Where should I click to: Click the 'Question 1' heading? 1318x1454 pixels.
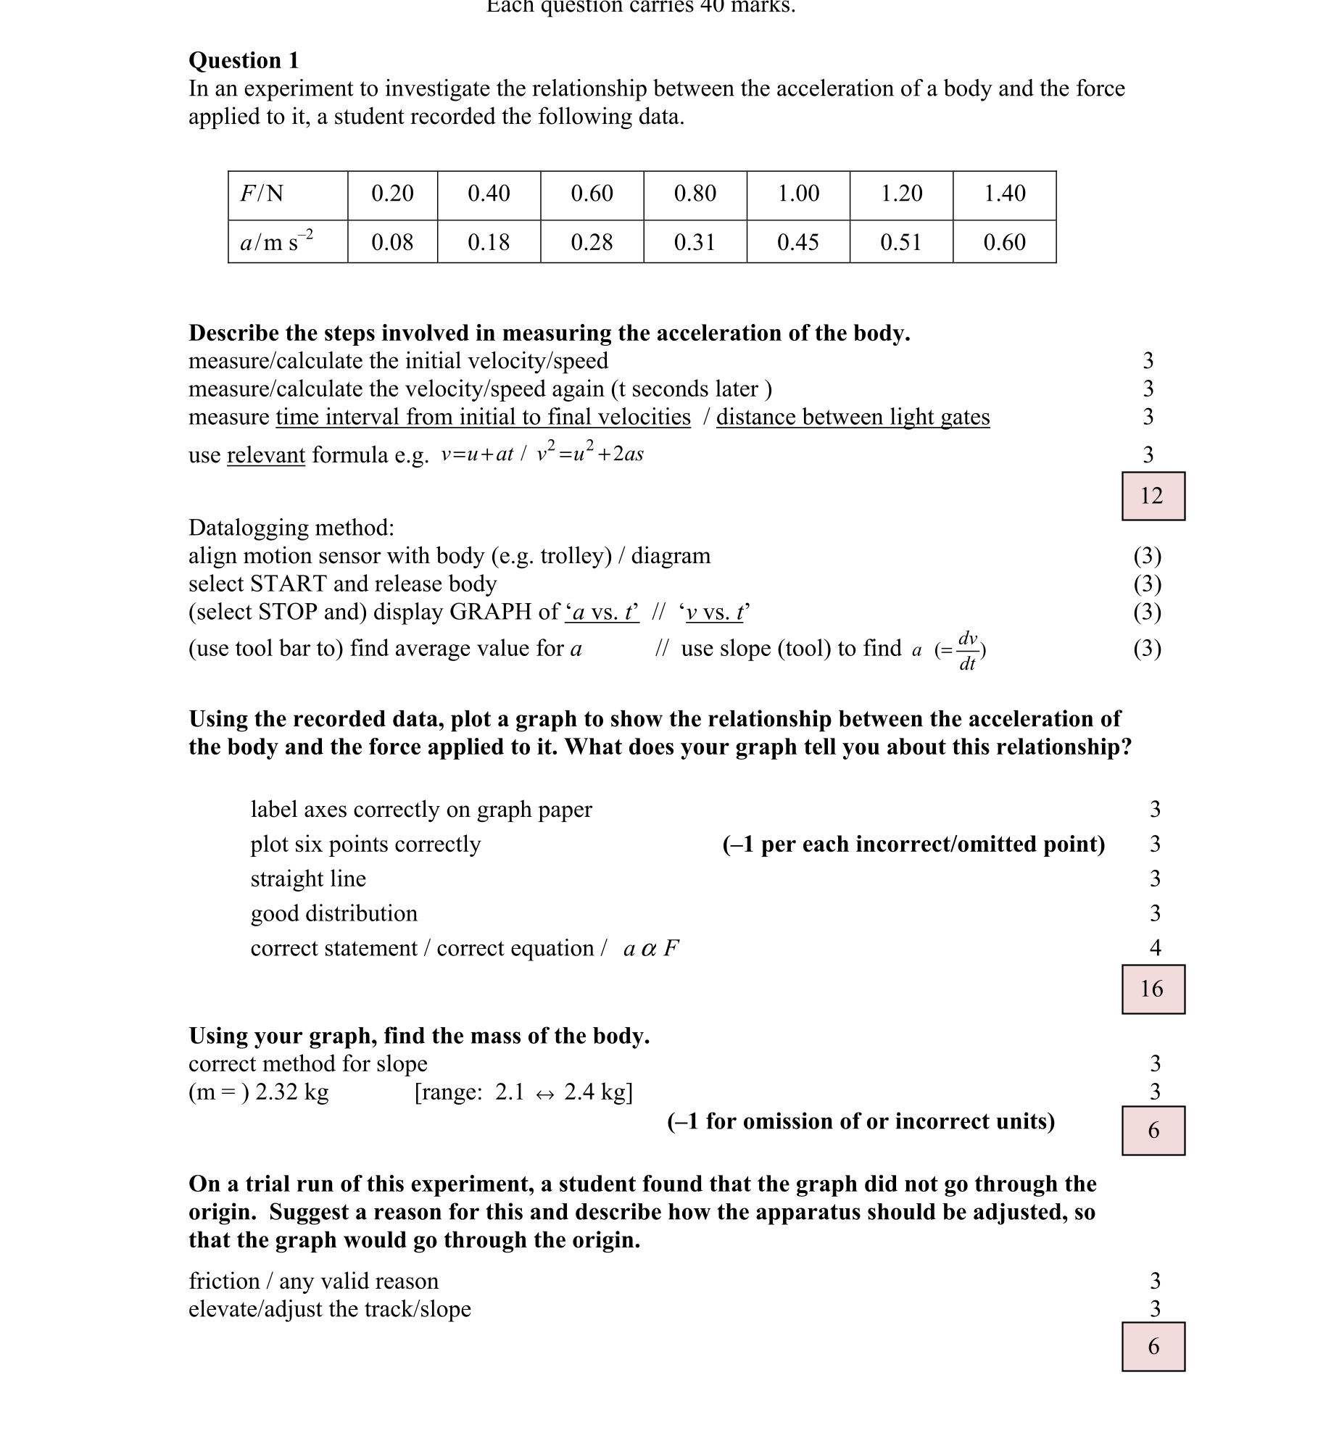244,60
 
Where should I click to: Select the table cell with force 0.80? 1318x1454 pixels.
695,194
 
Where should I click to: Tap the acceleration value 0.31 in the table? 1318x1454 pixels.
695,242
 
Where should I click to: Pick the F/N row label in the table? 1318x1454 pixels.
262,194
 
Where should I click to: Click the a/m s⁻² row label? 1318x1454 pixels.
276,241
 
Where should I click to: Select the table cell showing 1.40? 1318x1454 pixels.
1004,194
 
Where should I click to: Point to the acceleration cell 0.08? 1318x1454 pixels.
392,242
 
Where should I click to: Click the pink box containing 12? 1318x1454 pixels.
1153,496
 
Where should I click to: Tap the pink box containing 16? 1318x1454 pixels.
1153,989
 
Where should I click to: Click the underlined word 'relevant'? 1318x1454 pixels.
266,455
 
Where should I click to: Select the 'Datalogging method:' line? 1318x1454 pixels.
291,528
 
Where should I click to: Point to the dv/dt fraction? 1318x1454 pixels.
968,650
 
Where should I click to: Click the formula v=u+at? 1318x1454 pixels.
477,454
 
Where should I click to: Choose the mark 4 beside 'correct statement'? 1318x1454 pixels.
1155,948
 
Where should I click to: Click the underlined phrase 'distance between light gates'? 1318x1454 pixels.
853,417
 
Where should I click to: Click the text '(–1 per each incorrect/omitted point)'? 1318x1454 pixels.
913,844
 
